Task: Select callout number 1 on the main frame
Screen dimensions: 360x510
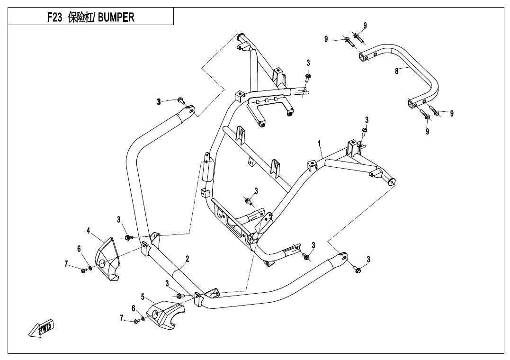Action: click(x=320, y=143)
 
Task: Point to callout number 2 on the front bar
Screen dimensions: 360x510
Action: click(x=188, y=259)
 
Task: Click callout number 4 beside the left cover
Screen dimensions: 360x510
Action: click(x=88, y=231)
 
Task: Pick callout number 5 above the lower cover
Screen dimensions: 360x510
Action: click(x=143, y=297)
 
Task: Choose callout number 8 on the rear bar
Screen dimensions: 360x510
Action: click(x=396, y=71)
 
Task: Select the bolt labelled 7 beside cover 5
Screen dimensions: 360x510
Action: click(x=136, y=322)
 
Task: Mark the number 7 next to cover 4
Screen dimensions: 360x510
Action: click(x=66, y=263)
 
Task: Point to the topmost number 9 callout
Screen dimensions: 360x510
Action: click(x=365, y=25)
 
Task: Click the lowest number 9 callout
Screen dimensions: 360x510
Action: click(x=427, y=131)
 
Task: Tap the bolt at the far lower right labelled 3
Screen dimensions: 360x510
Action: click(x=357, y=270)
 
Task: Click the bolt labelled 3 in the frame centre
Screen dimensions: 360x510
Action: click(x=248, y=202)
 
